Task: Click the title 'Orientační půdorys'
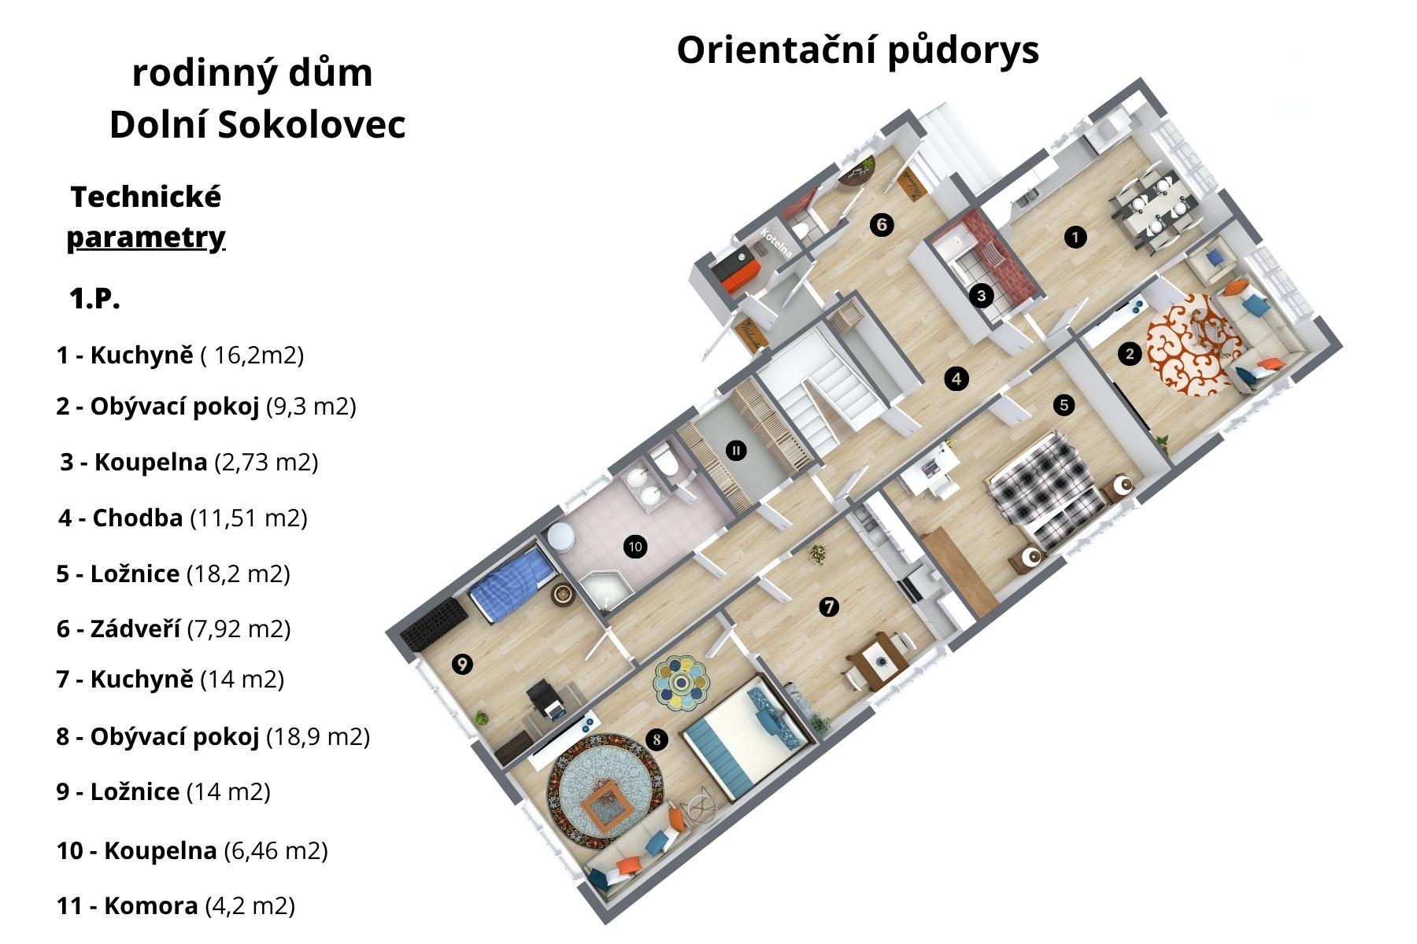tap(857, 50)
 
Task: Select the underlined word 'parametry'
tap(146, 237)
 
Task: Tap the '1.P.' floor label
tap(94, 299)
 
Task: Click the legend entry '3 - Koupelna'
tap(134, 462)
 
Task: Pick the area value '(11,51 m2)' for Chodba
tap(249, 518)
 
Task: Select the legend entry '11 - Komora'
tap(127, 905)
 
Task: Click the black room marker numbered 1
tap(1075, 236)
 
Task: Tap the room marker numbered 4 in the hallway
tap(956, 378)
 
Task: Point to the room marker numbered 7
tap(828, 607)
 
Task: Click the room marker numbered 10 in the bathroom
tap(635, 546)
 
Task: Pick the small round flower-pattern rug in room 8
tap(682, 679)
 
